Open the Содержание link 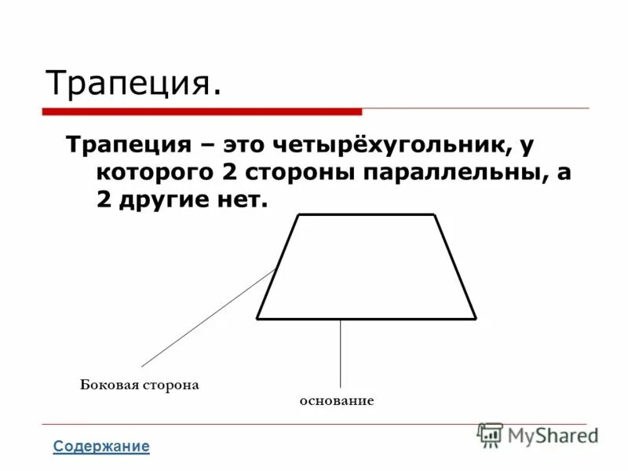pyautogui.click(x=100, y=447)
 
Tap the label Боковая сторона pyautogui.click(x=140, y=385)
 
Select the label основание pyautogui.click(x=337, y=401)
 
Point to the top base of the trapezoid pyautogui.click(x=366, y=214)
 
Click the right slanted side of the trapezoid pyautogui.click(x=455, y=267)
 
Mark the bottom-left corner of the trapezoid pyautogui.click(x=257, y=319)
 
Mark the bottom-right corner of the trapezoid pyautogui.click(x=475, y=319)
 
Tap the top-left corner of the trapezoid pyautogui.click(x=298, y=214)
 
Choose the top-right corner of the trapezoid pyautogui.click(x=434, y=214)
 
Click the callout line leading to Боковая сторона pyautogui.click(x=207, y=318)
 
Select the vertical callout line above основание pyautogui.click(x=340, y=353)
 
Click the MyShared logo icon pyautogui.click(x=491, y=434)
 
